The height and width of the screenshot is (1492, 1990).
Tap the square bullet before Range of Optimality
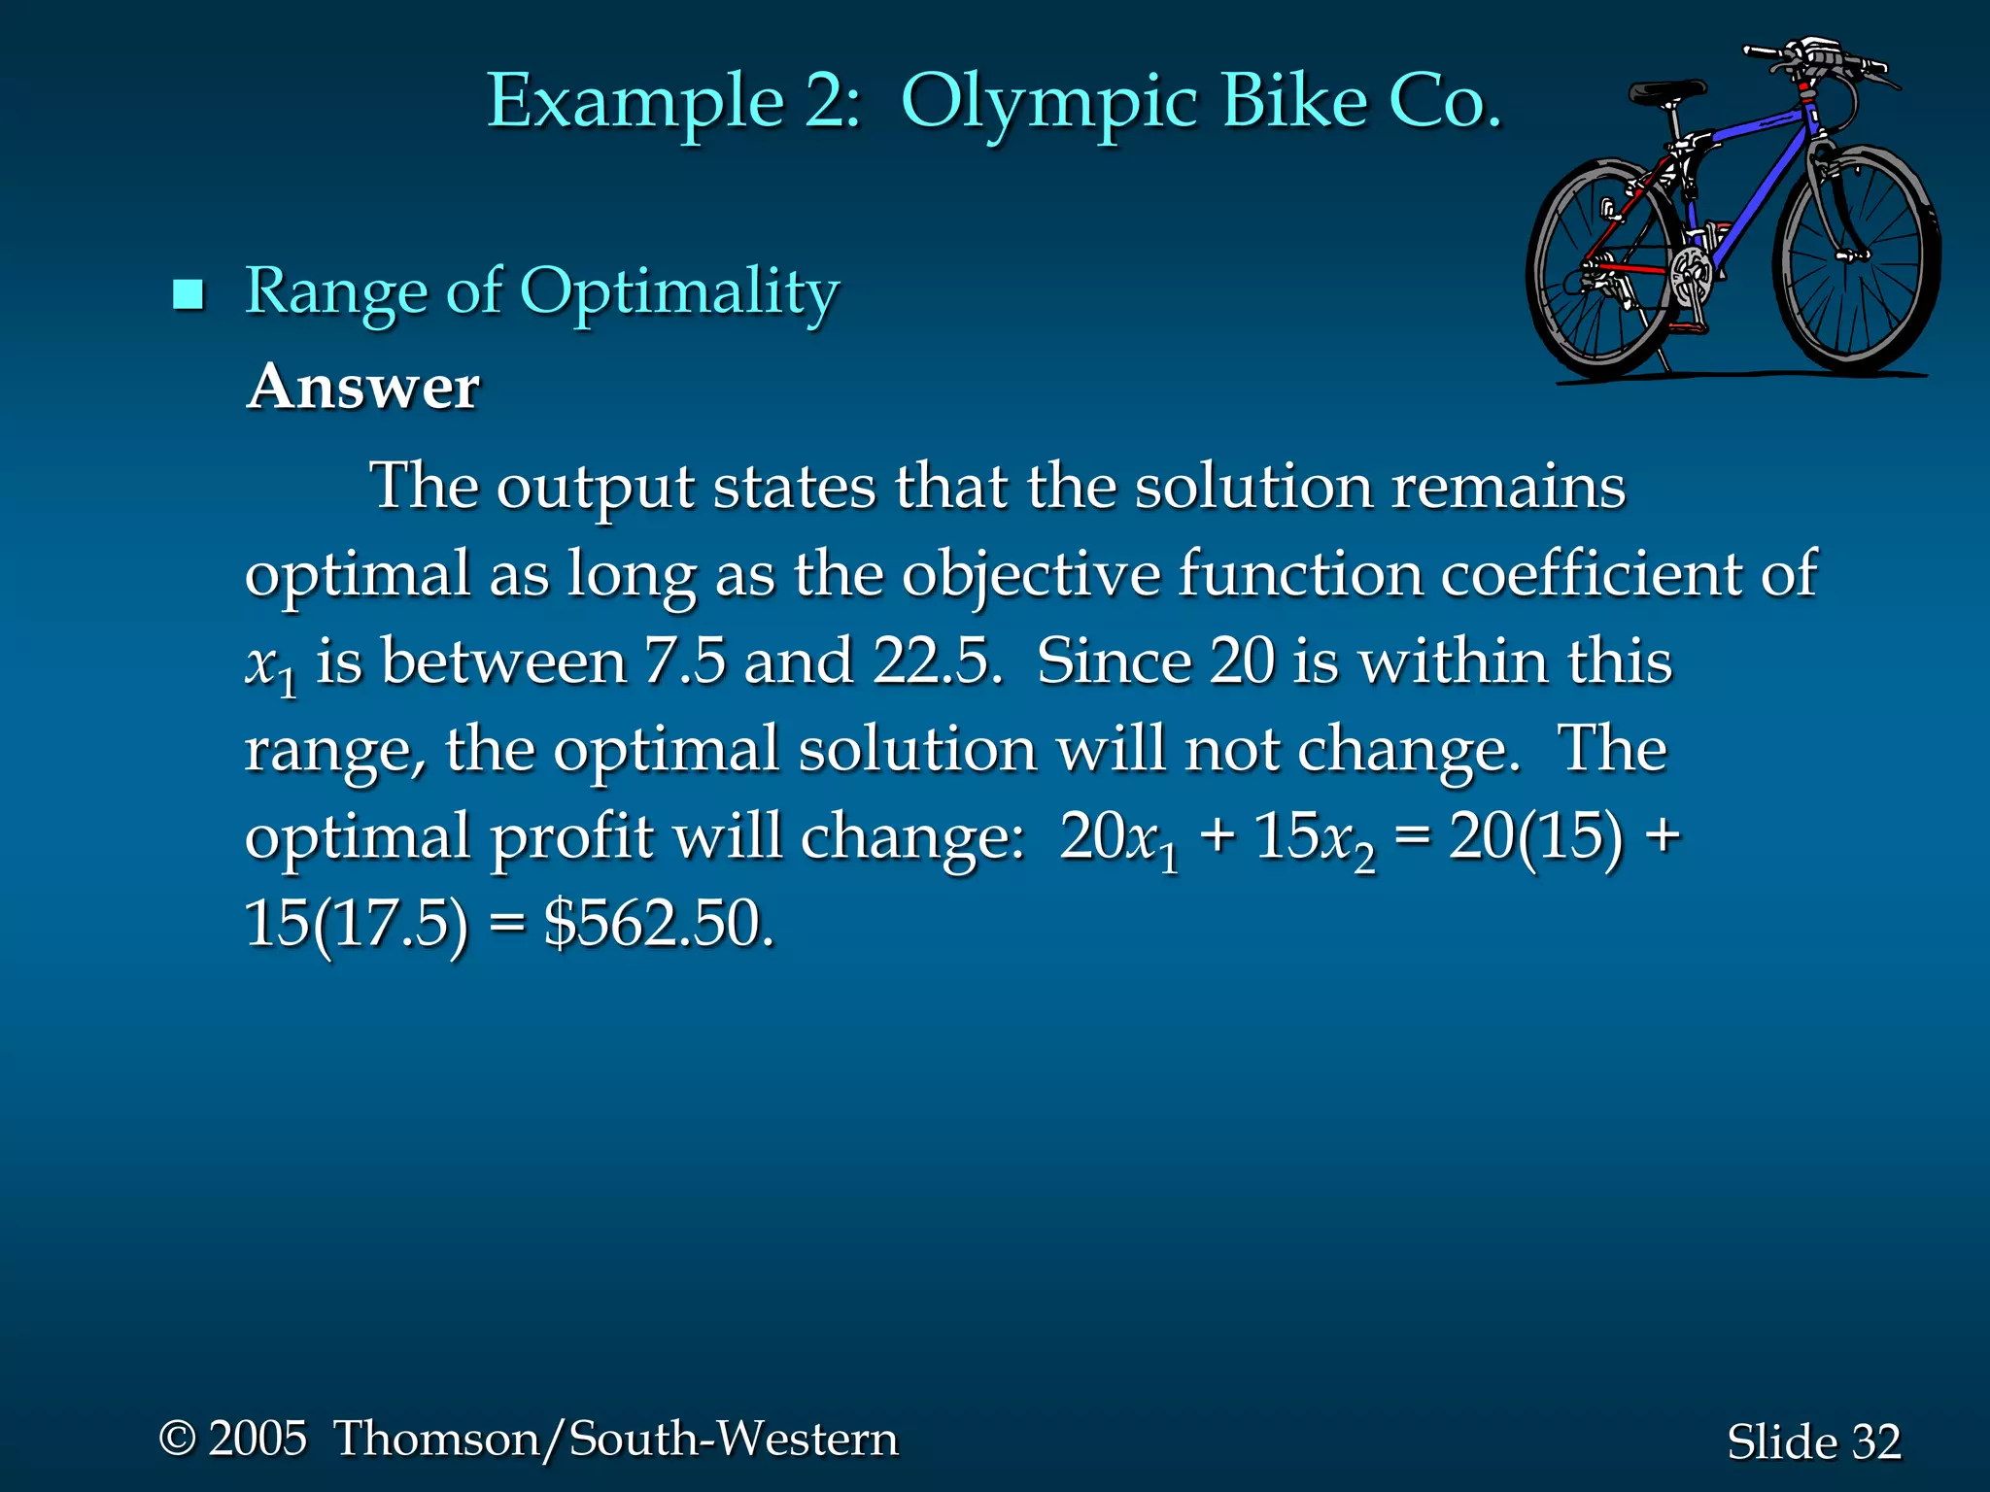(188, 293)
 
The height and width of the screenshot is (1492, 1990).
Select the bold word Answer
(363, 387)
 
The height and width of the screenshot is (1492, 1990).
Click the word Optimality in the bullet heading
(679, 291)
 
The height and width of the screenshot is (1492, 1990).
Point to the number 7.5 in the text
(685, 661)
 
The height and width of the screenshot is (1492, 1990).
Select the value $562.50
(658, 923)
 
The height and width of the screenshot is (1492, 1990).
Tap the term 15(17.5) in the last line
(356, 923)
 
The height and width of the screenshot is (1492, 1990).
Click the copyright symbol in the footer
(178, 1438)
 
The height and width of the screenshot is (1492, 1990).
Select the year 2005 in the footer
(257, 1438)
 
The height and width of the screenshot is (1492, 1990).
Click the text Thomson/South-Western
(616, 1438)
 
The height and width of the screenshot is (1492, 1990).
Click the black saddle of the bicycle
(1666, 92)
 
